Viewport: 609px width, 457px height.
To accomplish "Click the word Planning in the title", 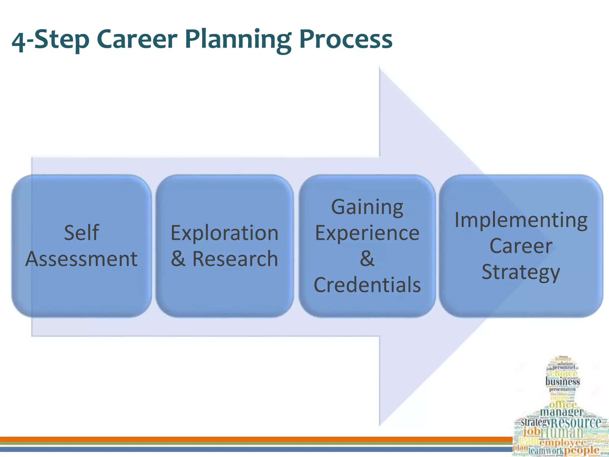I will pyautogui.click(x=238, y=40).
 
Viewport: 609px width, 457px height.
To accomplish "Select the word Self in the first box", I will pyautogui.click(x=81, y=233).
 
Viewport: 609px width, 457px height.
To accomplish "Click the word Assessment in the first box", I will pyautogui.click(x=81, y=259).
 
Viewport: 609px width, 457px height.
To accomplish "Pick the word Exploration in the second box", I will pyautogui.click(x=225, y=233).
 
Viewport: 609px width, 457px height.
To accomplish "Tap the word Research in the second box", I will pyautogui.click(x=235, y=259).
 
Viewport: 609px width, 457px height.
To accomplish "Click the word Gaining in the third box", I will pyautogui.click(x=367, y=207).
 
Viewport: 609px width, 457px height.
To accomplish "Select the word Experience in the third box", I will pyautogui.click(x=367, y=233).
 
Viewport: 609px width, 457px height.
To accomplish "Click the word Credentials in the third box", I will pyautogui.click(x=367, y=285).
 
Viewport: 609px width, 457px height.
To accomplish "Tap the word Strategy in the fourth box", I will pyautogui.click(x=521, y=272).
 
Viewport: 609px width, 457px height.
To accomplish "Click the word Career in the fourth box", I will pyautogui.click(x=521, y=246).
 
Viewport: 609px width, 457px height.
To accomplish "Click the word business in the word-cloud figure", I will pyautogui.click(x=563, y=381).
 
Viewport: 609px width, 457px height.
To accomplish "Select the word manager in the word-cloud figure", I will pyautogui.click(x=561, y=412).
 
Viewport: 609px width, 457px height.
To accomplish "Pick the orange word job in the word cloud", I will pyautogui.click(x=532, y=431).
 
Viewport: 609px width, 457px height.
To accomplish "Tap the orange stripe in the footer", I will pyautogui.click(x=238, y=439).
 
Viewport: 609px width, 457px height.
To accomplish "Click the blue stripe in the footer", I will pyautogui.click(x=238, y=449).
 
